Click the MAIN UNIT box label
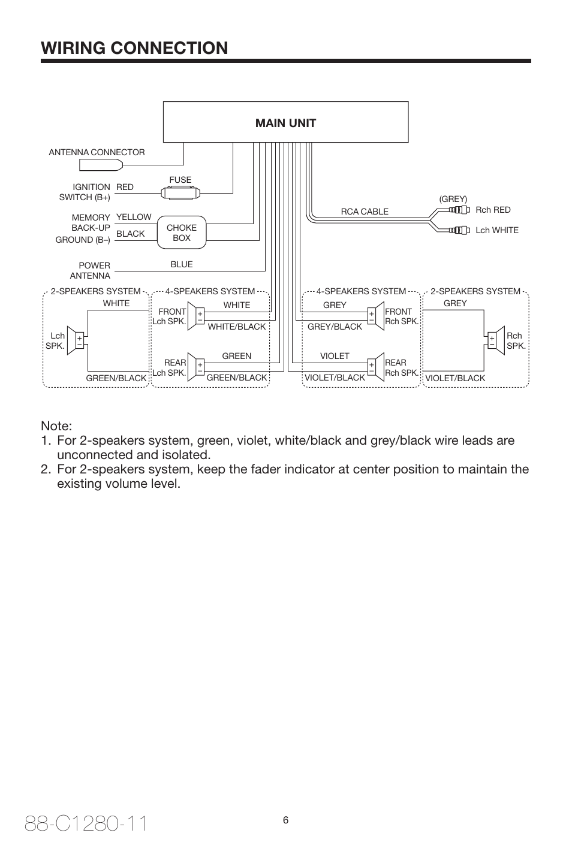tap(285, 123)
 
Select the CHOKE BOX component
tap(181, 233)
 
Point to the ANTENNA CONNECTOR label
tap(97, 152)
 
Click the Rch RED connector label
tap(493, 210)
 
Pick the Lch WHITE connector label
tap(496, 230)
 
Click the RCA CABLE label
tap(365, 212)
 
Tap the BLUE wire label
tap(181, 264)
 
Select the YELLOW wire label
tap(134, 217)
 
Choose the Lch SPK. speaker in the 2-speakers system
tap(76, 340)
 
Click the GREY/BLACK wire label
tap(335, 327)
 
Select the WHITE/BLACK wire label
tap(236, 327)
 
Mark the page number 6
tap(286, 820)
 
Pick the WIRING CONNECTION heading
tap(134, 48)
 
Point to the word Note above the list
tap(56, 426)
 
